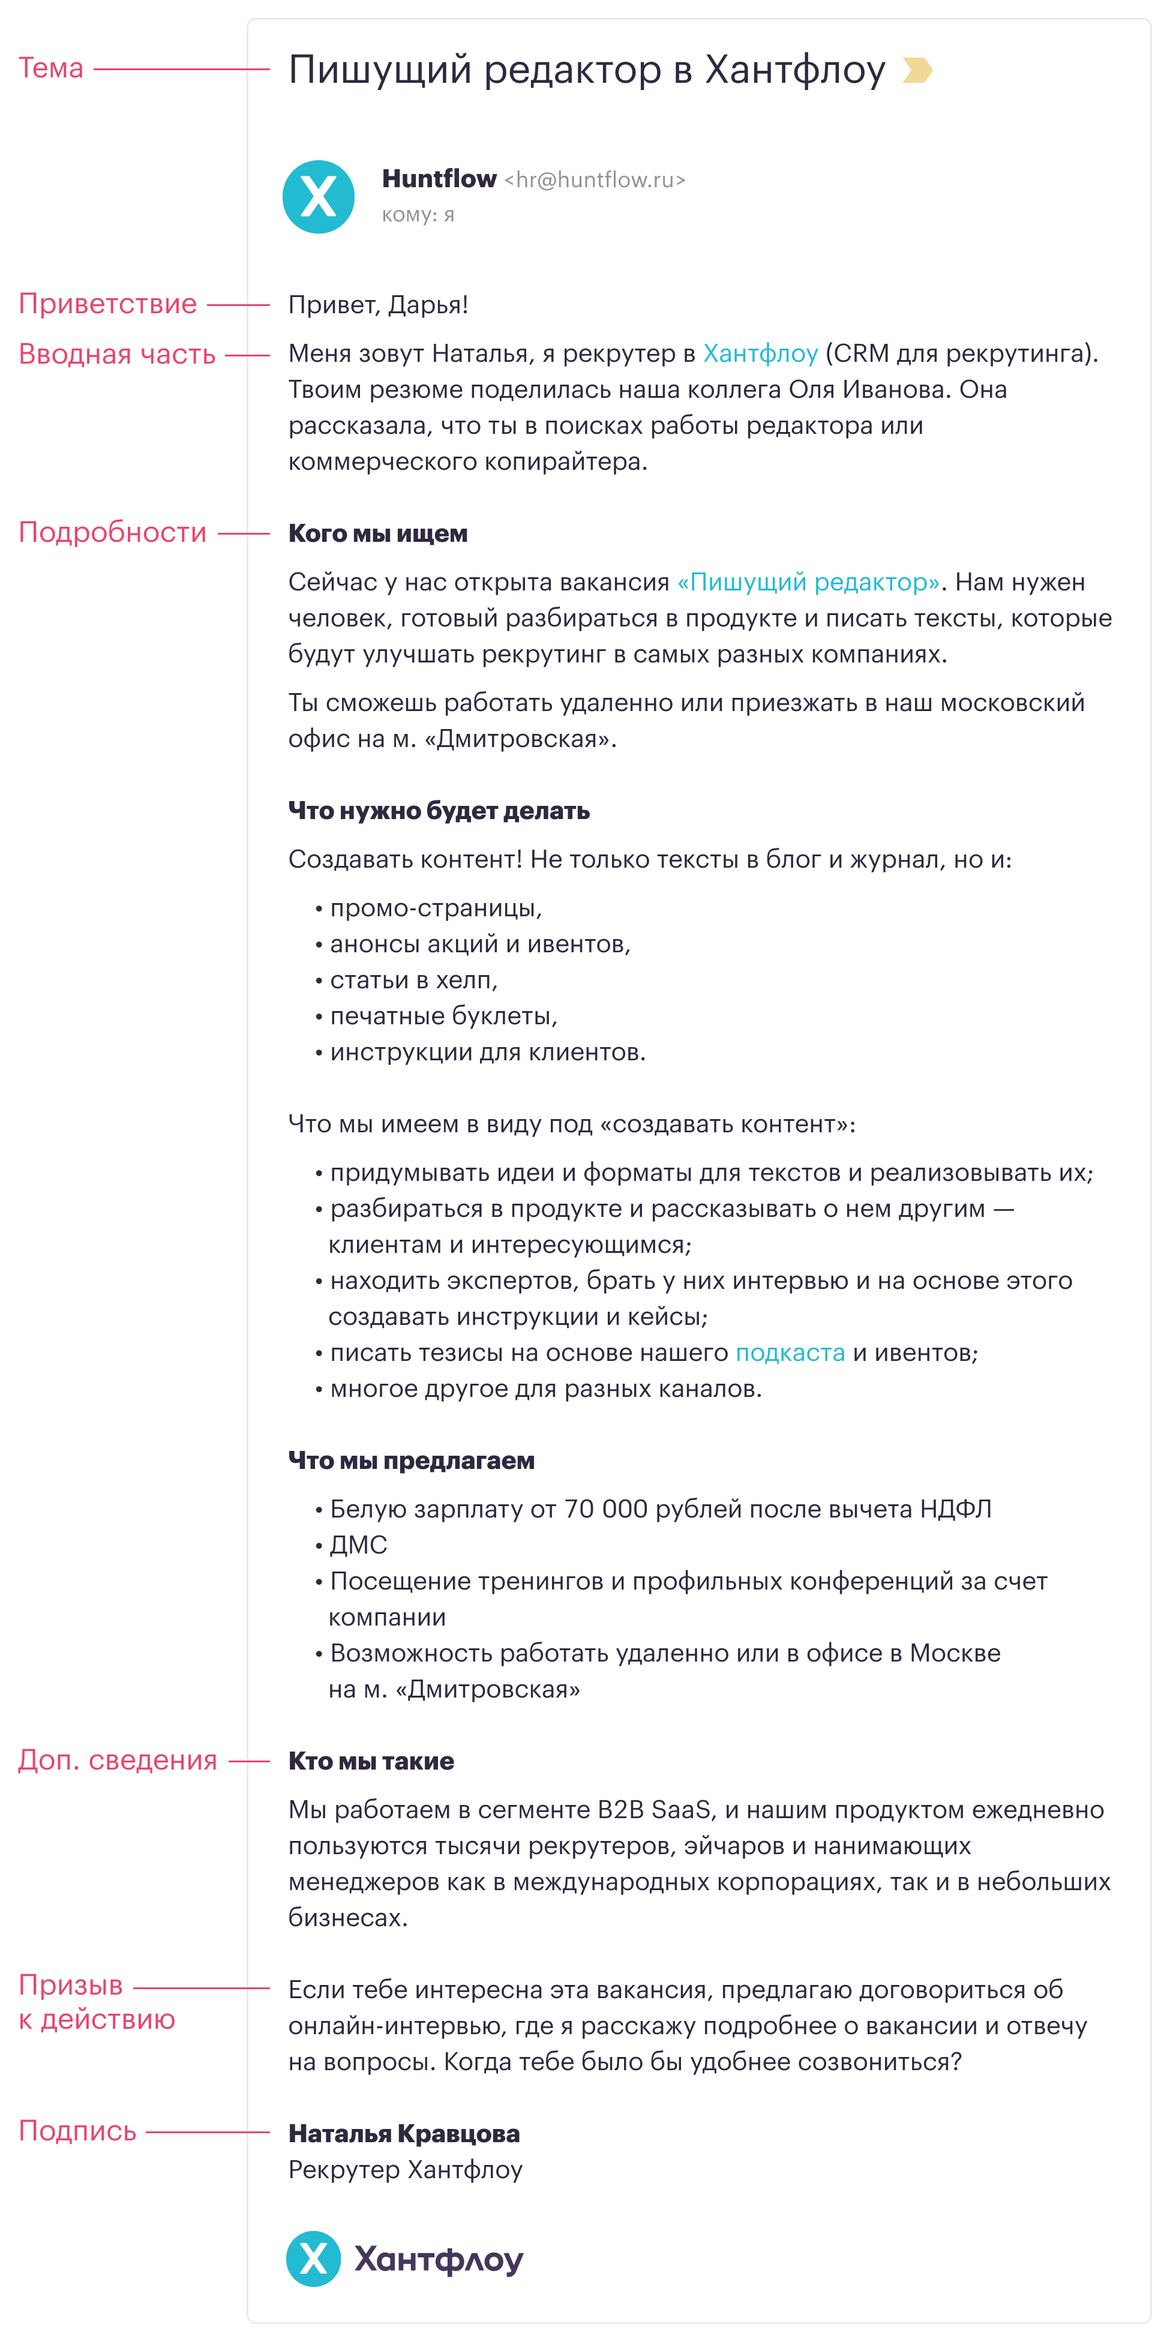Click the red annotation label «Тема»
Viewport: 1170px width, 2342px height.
pyautogui.click(x=51, y=68)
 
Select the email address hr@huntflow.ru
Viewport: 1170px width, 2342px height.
pyautogui.click(x=595, y=180)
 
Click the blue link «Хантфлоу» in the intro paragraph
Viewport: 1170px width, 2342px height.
pyautogui.click(x=760, y=353)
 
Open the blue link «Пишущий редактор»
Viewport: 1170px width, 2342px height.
pyautogui.click(x=808, y=582)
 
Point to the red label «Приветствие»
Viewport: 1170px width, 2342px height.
pyautogui.click(x=107, y=304)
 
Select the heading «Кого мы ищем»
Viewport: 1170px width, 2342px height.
pyautogui.click(x=377, y=533)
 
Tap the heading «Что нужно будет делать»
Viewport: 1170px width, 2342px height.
pyautogui.click(x=438, y=811)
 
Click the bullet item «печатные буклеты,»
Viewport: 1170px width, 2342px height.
pyautogui.click(x=443, y=1015)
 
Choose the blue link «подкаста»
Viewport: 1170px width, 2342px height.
pyautogui.click(x=790, y=1353)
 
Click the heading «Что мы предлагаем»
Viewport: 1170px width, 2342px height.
pyautogui.click(x=411, y=1461)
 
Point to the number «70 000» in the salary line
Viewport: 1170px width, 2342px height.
pyautogui.click(x=605, y=1509)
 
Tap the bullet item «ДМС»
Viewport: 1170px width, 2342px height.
pyautogui.click(x=358, y=1545)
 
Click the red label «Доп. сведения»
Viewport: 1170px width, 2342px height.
pyautogui.click(x=117, y=1760)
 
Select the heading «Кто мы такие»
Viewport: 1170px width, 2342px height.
pyautogui.click(x=371, y=1761)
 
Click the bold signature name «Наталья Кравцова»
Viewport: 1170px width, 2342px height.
pyautogui.click(x=404, y=2134)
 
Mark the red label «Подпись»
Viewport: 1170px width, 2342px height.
pyautogui.click(x=77, y=2131)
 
